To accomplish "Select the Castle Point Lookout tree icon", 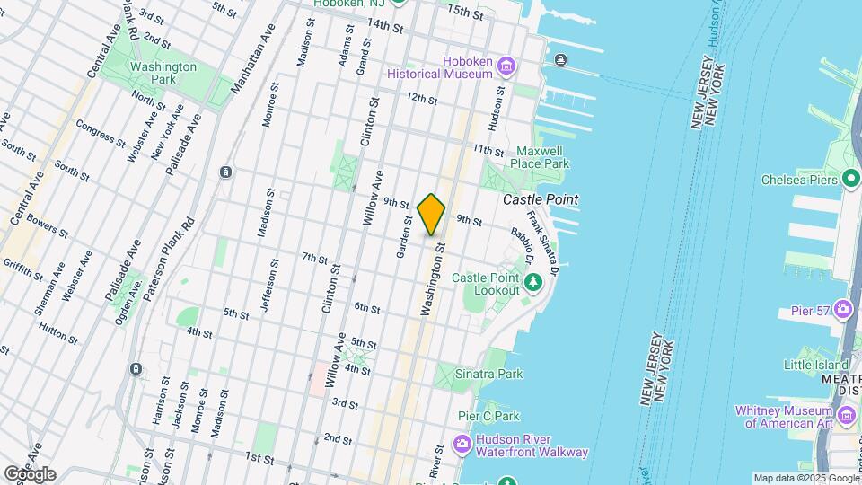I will (x=534, y=284).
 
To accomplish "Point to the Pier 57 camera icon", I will (x=842, y=310).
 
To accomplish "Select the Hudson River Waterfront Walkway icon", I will (x=462, y=444).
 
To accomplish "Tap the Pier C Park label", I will (x=488, y=416).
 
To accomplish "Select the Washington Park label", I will (x=163, y=73).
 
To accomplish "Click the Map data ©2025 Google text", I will (x=805, y=478).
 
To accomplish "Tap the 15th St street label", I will (x=466, y=13).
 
